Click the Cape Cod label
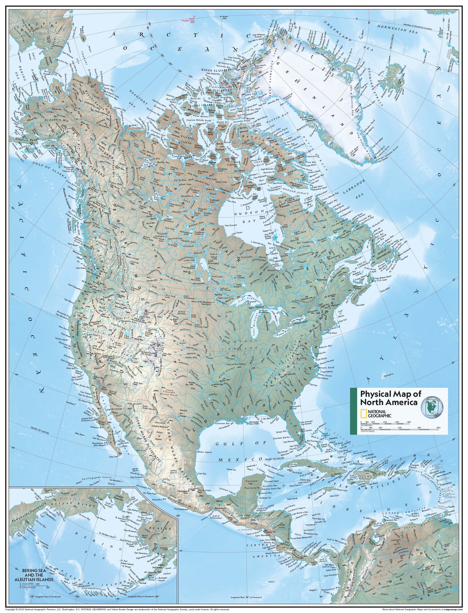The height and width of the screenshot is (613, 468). pyautogui.click(x=343, y=320)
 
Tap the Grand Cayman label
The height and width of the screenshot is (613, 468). pyautogui.click(x=295, y=485)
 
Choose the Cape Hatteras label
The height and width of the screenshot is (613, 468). pyautogui.click(x=327, y=371)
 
